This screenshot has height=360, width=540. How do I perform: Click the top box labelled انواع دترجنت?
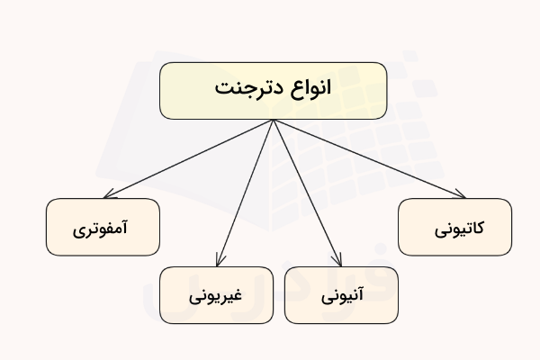pos(274,91)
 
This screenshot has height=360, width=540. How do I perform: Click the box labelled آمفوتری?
pos(102,227)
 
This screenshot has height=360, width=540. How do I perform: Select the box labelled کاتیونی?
pos(454,227)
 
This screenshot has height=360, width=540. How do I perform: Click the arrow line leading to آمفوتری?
pos(189,158)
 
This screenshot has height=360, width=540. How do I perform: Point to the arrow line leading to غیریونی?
pos(245,193)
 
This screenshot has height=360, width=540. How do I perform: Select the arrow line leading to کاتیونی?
pos(369,158)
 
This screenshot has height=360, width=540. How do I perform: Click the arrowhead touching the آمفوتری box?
pos(107,196)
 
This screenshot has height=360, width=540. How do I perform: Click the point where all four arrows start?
pos(274,121)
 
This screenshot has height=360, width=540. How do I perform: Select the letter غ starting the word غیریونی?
pos(238,293)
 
